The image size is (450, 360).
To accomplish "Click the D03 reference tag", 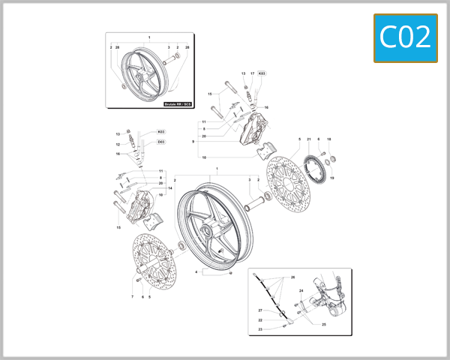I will (161, 142).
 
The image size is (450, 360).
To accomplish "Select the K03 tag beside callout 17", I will (262, 73).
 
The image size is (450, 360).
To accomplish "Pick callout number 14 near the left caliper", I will (170, 188).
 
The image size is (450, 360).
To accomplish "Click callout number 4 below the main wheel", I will (196, 271).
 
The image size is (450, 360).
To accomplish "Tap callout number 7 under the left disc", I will (132, 297).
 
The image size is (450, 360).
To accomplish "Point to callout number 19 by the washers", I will (332, 178).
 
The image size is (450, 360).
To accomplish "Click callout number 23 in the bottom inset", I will (259, 329).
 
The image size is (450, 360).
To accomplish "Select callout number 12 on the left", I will (118, 143).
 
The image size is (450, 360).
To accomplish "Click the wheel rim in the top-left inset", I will (138, 73).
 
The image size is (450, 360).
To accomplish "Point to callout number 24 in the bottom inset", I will (301, 290).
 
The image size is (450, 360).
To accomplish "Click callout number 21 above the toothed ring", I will (309, 139).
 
